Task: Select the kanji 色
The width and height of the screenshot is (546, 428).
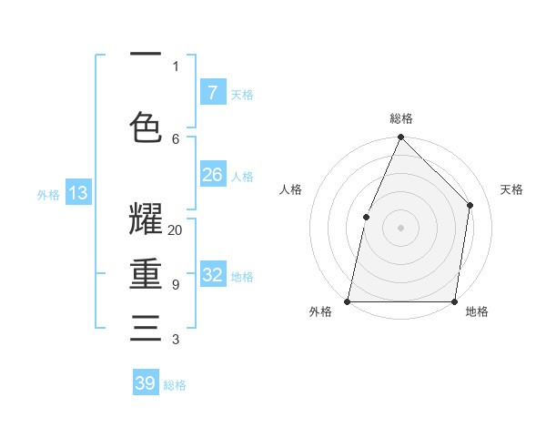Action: [146, 127]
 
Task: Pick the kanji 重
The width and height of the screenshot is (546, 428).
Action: [146, 274]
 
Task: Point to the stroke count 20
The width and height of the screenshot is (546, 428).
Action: [176, 230]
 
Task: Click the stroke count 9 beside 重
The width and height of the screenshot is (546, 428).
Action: [176, 285]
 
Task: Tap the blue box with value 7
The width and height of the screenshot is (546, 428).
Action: [213, 93]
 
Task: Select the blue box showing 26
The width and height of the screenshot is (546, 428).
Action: [213, 175]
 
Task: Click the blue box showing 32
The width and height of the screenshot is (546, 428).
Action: [213, 275]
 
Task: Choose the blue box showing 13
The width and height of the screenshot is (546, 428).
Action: [77, 192]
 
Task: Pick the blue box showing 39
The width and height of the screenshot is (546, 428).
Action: [146, 383]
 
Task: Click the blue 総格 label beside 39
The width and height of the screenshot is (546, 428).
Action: [175, 385]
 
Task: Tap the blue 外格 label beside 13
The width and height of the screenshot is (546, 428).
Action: [48, 194]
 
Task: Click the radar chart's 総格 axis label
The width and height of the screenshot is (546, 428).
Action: [400, 118]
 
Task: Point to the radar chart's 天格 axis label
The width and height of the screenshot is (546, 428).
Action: [511, 189]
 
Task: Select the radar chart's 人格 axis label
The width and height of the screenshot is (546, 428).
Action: [290, 189]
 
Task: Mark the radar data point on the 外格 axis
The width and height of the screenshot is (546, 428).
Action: [348, 301]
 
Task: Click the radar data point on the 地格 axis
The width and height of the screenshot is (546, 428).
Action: [454, 301]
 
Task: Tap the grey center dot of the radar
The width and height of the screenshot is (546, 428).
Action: [400, 228]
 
